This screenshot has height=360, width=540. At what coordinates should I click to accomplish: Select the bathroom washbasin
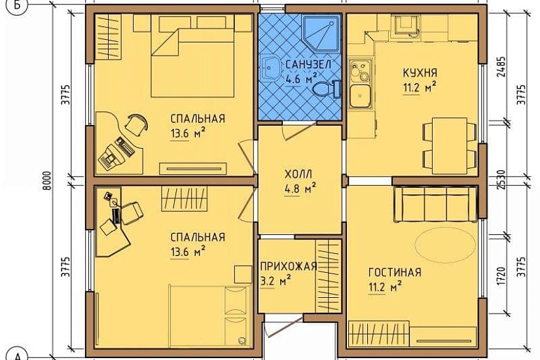click(271, 68)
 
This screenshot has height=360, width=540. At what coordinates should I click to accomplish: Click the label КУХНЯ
click(420, 73)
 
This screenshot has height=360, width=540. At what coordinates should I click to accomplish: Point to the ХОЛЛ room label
click(298, 175)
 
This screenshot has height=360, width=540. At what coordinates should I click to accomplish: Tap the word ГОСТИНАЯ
click(395, 272)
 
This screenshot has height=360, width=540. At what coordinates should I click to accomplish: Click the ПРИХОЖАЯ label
click(289, 266)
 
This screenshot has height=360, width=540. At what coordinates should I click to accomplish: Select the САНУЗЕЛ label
click(308, 64)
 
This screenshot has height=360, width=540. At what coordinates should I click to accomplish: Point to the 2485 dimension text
click(502, 67)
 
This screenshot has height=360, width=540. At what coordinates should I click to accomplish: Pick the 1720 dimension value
click(501, 276)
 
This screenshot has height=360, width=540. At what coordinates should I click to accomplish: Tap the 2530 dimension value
click(501, 179)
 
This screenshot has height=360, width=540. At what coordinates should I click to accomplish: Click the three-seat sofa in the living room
click(437, 204)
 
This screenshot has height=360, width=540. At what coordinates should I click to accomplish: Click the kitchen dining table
click(450, 146)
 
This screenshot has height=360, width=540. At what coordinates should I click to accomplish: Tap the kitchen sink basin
click(360, 96)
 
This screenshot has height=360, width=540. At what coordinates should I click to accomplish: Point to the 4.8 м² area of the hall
click(300, 189)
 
